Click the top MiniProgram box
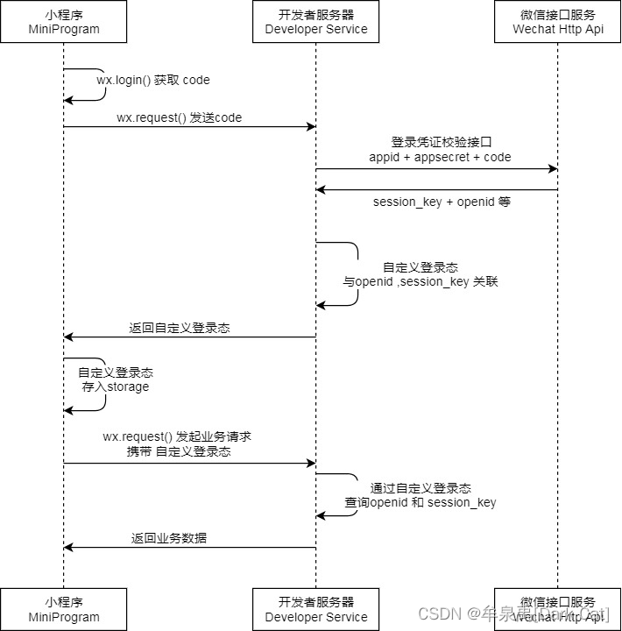tap(63, 22)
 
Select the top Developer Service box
tap(316, 22)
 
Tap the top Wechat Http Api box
tap(558, 22)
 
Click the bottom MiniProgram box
tap(63, 609)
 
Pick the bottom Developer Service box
tap(316, 609)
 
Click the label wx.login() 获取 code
tap(153, 80)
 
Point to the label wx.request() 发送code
tap(179, 117)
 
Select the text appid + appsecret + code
tap(440, 157)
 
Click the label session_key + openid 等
tap(442, 202)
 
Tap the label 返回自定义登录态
tap(180, 328)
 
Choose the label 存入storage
tap(116, 386)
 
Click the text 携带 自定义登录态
tap(179, 451)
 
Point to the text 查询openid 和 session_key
tap(421, 502)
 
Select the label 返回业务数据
tap(169, 538)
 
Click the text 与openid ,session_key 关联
tap(421, 282)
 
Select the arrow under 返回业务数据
tap(189, 548)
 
